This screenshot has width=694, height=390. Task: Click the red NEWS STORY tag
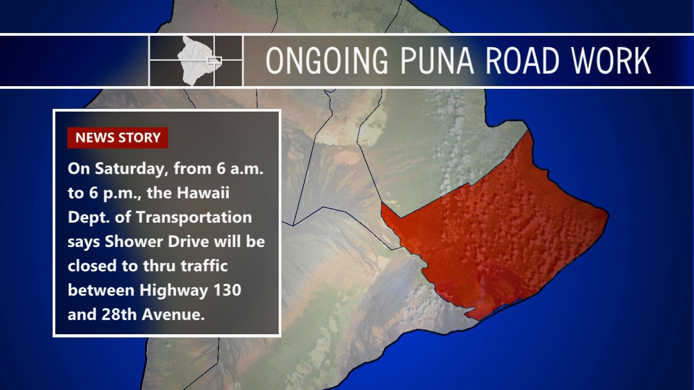tap(118, 138)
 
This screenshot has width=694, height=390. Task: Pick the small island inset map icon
tap(196, 61)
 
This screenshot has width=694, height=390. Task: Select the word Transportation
tap(194, 217)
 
